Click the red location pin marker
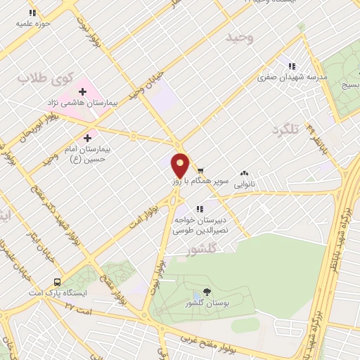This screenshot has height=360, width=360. pos(181,165)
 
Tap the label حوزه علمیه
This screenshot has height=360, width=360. pos(31,22)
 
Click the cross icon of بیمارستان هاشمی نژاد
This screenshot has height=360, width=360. pos(84,91)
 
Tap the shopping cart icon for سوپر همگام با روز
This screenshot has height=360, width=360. pos(200,171)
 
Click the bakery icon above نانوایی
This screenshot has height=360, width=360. pos(245,172)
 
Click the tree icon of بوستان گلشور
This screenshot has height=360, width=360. pos(206,292)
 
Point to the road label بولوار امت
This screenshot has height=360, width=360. pos(139,214)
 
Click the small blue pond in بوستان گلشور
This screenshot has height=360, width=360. pos(245,324)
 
